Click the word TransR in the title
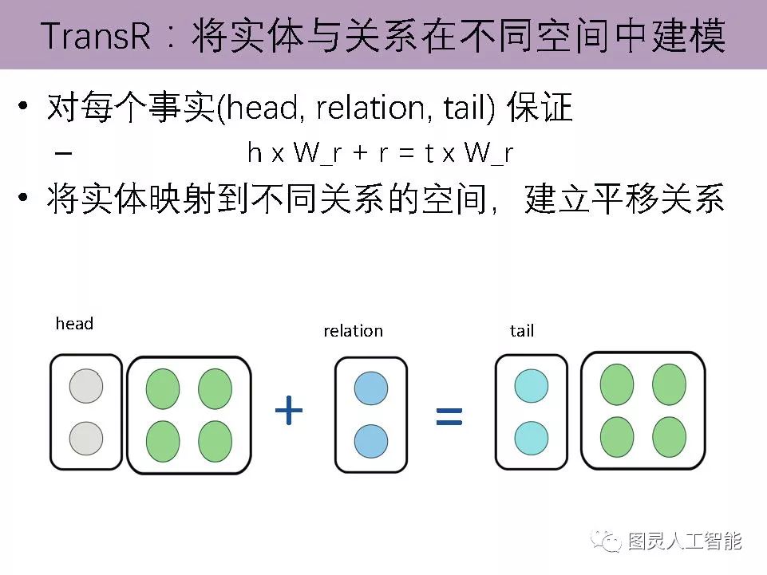click(95, 37)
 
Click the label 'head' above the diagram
click(74, 324)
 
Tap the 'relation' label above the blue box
click(353, 331)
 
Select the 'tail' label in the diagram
click(521, 331)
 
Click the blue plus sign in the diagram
click(289, 411)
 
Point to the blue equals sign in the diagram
click(449, 415)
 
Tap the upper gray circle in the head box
click(86, 386)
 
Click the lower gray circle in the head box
click(86, 439)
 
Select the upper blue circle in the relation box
click(370, 388)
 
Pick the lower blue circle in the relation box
click(370, 441)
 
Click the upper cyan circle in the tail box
click(532, 386)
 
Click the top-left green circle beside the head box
click(163, 389)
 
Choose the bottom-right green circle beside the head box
click(215, 441)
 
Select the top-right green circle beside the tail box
click(669, 384)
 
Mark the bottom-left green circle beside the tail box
click(616, 437)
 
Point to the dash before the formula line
click(66, 152)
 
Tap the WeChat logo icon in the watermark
click(608, 542)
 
